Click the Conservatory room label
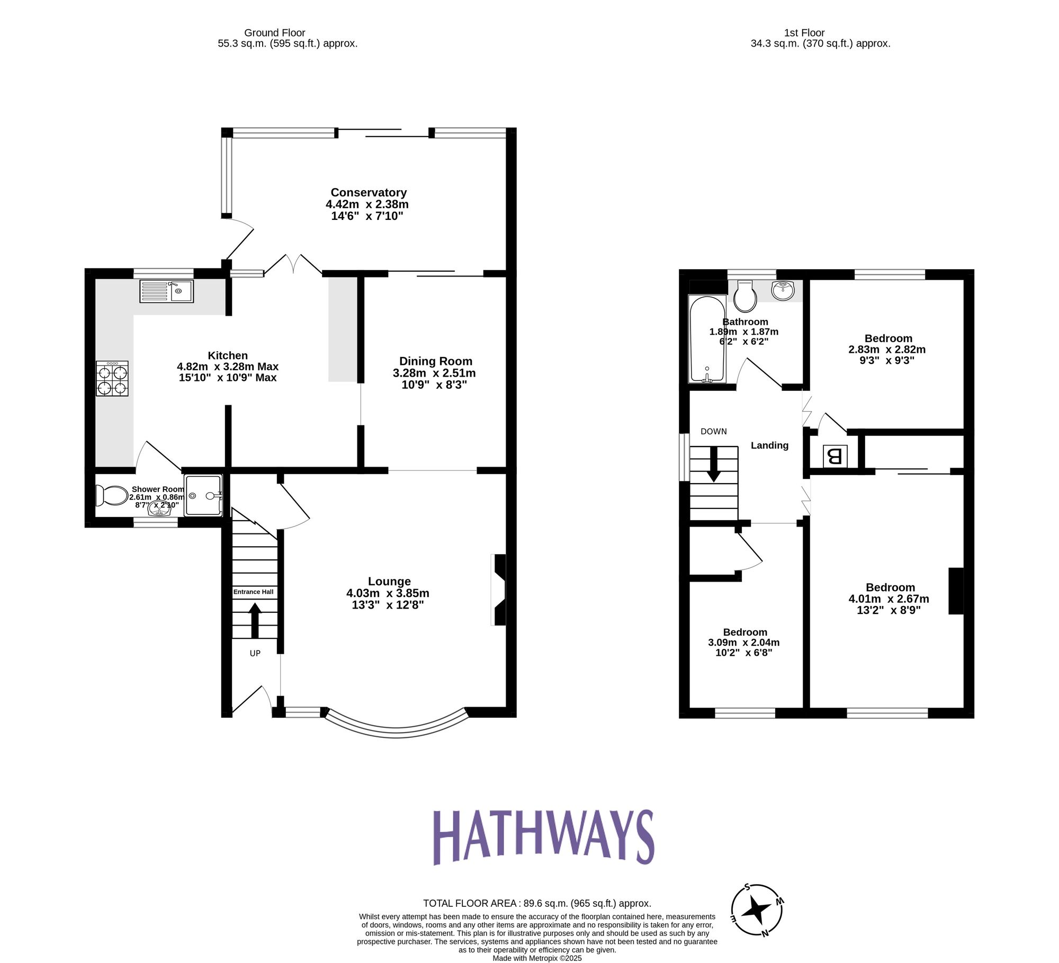click(x=369, y=193)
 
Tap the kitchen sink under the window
click(x=166, y=291)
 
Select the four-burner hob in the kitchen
click(x=112, y=378)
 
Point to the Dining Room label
click(x=435, y=361)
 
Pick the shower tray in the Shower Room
click(x=203, y=495)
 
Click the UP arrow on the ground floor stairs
click(x=255, y=620)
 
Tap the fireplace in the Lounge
click(x=499, y=590)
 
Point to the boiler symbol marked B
click(x=834, y=456)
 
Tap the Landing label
click(x=769, y=445)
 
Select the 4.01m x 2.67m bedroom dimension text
click(x=889, y=599)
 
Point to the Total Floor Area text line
click(x=537, y=903)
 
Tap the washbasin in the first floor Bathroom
click(x=783, y=291)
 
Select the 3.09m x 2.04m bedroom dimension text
click(x=744, y=642)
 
